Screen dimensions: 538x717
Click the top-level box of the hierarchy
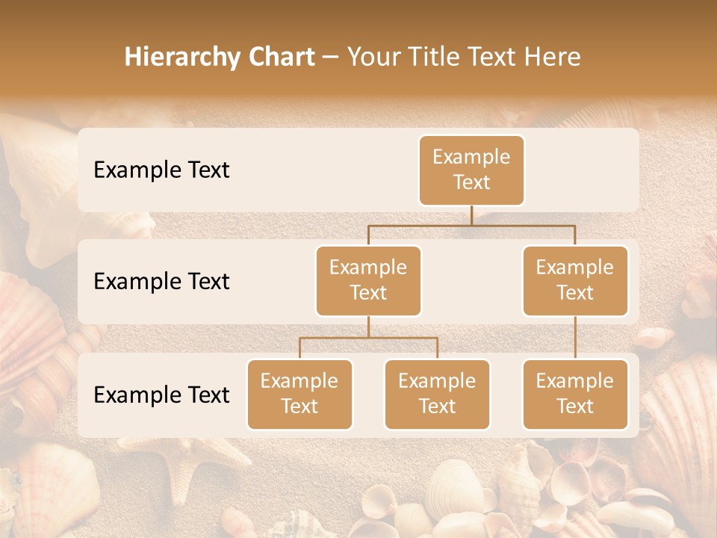point(471,170)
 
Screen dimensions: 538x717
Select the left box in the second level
point(368,281)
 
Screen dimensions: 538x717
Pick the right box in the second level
point(575,281)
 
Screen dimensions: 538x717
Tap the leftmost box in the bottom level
point(299,395)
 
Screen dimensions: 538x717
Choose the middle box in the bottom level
point(437,395)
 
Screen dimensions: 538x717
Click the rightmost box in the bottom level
point(575,395)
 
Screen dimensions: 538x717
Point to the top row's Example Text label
point(161,170)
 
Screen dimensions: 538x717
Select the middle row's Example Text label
point(161,282)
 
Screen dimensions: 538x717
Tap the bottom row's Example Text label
point(161,395)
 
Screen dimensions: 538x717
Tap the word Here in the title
point(553,57)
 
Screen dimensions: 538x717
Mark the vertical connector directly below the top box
point(471,215)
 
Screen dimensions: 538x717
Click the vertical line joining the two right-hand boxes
point(575,338)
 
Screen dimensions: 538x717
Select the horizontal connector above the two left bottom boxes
point(368,338)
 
